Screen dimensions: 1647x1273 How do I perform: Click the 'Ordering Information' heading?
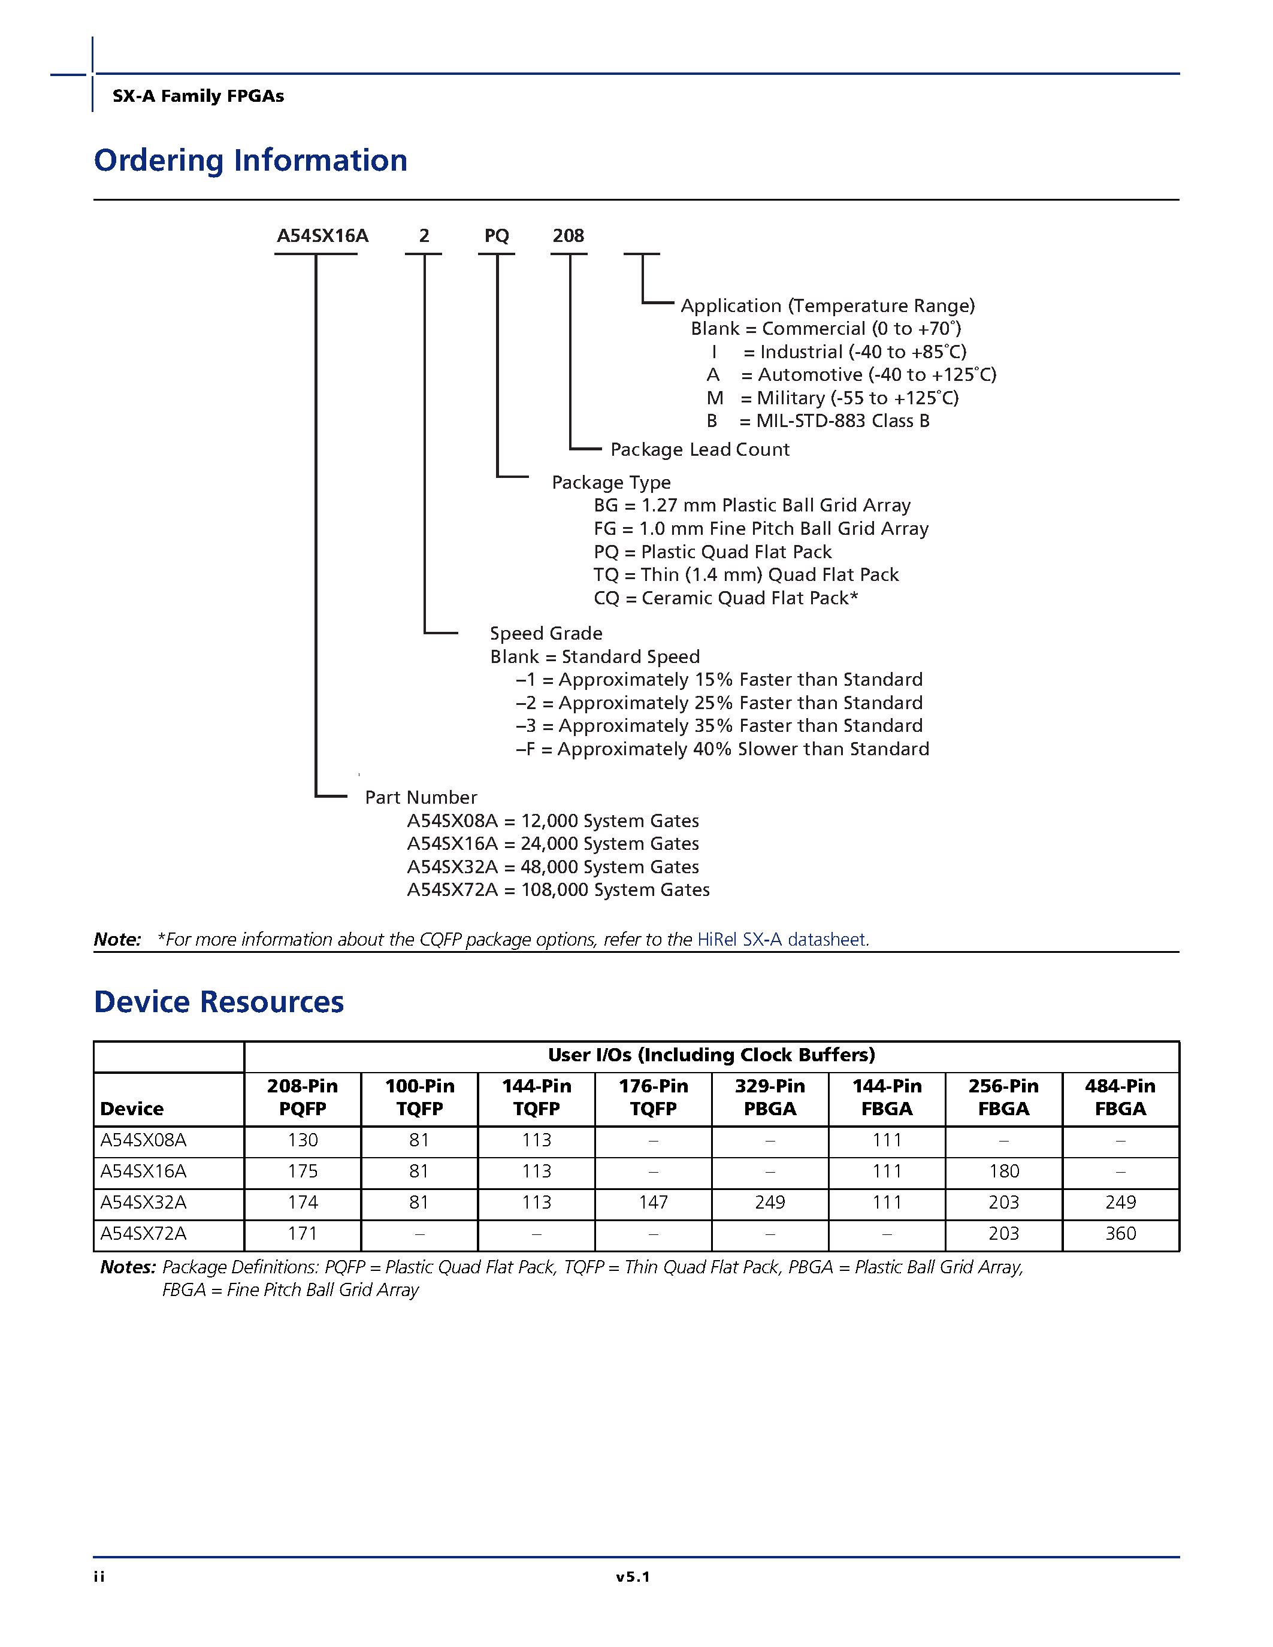250,161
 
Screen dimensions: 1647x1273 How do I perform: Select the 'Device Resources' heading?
219,1002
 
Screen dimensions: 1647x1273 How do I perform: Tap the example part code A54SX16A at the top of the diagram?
322,236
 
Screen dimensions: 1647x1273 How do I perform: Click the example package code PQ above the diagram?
496,236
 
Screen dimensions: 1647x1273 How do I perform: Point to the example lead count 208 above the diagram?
568,236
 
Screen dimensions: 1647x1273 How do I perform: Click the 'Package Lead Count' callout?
699,449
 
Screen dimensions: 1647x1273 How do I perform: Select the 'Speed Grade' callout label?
546,634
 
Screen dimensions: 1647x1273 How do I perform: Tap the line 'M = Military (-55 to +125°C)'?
833,398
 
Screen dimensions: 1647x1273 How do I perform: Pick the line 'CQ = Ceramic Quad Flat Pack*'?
725,598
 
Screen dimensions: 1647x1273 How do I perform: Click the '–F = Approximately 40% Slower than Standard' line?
722,750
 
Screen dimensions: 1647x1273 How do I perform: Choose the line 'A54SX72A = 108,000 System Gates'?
558,890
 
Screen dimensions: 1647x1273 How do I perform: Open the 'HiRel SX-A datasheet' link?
782,940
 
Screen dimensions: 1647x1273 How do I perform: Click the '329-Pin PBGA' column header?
770,1097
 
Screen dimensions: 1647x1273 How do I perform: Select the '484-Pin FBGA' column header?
1120,1097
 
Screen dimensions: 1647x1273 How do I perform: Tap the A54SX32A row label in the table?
143,1203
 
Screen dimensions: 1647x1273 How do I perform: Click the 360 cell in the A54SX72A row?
1120,1234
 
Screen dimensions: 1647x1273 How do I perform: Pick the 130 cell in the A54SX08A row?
303,1140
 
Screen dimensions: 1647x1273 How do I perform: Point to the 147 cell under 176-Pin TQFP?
653,1203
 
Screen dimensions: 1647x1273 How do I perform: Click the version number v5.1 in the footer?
633,1577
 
